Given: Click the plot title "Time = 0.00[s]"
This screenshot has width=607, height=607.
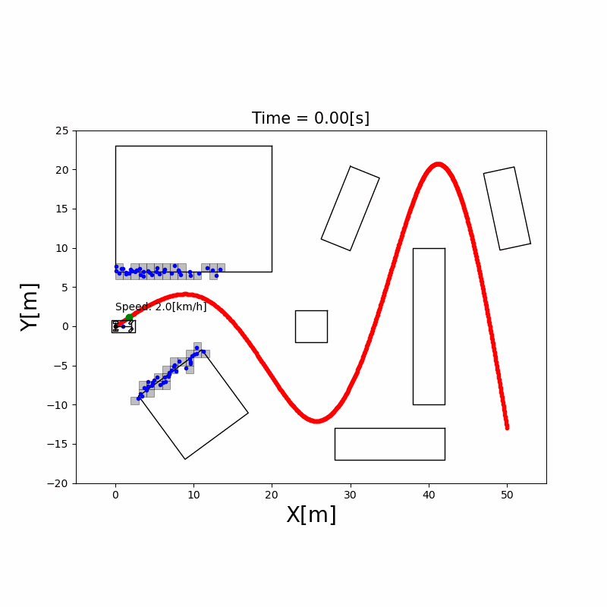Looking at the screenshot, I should pos(310,118).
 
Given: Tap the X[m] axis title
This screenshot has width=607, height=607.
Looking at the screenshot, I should pos(311,515).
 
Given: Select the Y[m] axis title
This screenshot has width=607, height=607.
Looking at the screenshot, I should pos(29,307).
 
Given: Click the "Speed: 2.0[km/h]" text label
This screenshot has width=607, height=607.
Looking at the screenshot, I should pos(161,307).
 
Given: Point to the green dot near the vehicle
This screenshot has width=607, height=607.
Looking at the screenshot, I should pos(130,317).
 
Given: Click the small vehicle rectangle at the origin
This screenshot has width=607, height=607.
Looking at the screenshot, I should pos(123,326).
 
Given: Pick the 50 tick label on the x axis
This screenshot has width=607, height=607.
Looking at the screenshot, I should pos(507,494).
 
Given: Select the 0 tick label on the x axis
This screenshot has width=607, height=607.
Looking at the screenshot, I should pos(115,494).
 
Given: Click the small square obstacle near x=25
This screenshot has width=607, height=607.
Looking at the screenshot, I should pos(311,326).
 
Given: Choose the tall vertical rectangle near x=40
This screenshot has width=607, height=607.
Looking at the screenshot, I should pos(429,326).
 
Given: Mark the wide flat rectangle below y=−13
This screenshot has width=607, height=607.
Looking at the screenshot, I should pos(389,444).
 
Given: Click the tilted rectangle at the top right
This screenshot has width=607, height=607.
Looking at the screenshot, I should pos(507,208).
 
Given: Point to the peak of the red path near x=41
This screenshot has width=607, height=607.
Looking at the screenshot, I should pos(438,164).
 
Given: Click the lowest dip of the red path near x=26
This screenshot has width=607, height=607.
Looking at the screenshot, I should pos(318,420).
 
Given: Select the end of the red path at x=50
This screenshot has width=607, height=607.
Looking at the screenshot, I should pos(507,427).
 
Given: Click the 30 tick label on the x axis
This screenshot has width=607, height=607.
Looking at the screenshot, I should pos(351,494).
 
